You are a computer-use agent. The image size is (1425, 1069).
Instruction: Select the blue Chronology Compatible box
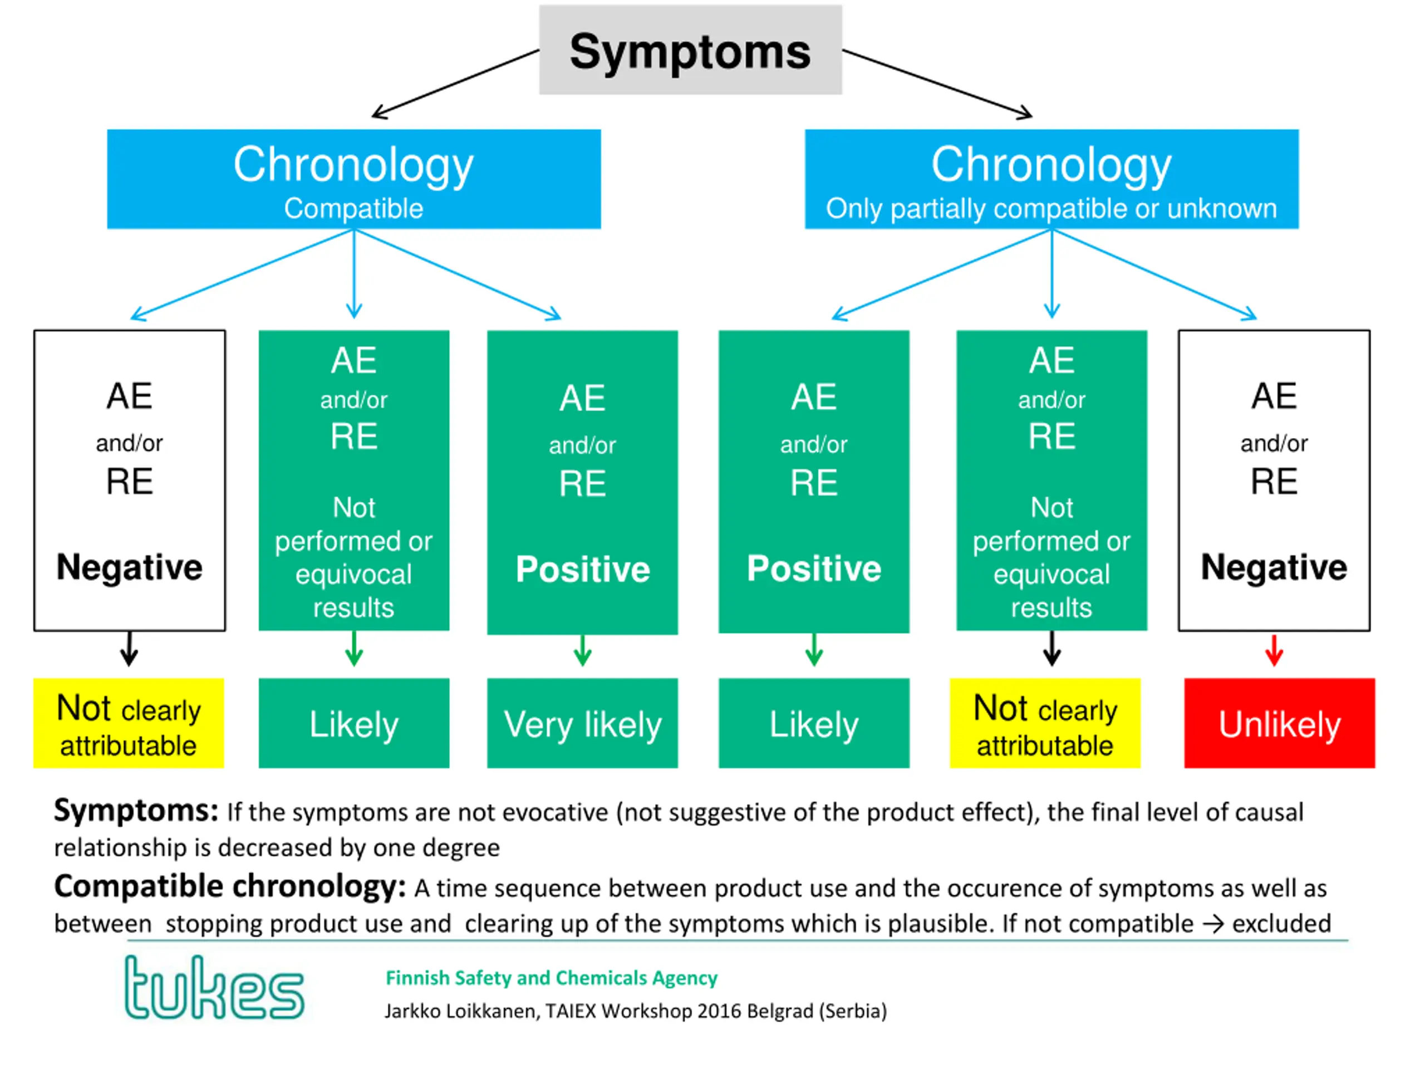pos(353,179)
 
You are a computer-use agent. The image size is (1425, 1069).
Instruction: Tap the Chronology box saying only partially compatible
pos(1051,179)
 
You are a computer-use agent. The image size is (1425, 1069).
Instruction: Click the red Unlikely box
pos(1279,723)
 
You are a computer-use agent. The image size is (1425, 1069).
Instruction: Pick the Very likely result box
pos(582,723)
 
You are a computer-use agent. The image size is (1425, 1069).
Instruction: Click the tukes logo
pos(214,987)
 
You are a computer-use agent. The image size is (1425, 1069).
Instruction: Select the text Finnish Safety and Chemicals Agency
pos(552,978)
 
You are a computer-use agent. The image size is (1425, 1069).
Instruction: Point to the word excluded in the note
pos(1281,923)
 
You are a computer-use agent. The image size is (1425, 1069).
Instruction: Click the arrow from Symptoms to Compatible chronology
pos(455,84)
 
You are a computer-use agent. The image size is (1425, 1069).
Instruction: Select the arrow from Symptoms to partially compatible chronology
pos(937,84)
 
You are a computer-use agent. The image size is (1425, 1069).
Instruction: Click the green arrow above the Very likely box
pos(582,650)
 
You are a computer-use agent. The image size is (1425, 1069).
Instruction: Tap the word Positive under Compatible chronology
pos(582,569)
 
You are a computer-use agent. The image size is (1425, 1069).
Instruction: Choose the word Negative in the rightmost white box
pos(1274,567)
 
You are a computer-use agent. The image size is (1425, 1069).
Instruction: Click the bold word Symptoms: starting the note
pos(136,811)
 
